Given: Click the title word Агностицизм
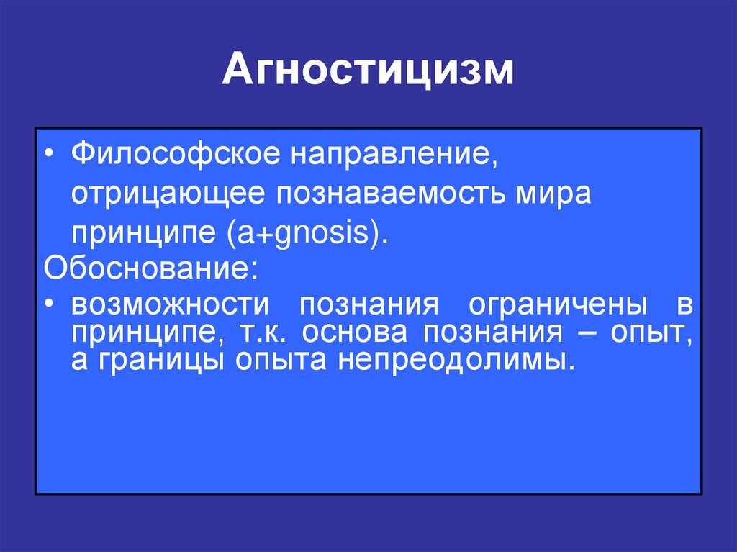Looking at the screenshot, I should (x=368, y=72).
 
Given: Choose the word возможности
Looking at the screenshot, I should (x=169, y=306).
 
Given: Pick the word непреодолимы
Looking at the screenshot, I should (x=453, y=359).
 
